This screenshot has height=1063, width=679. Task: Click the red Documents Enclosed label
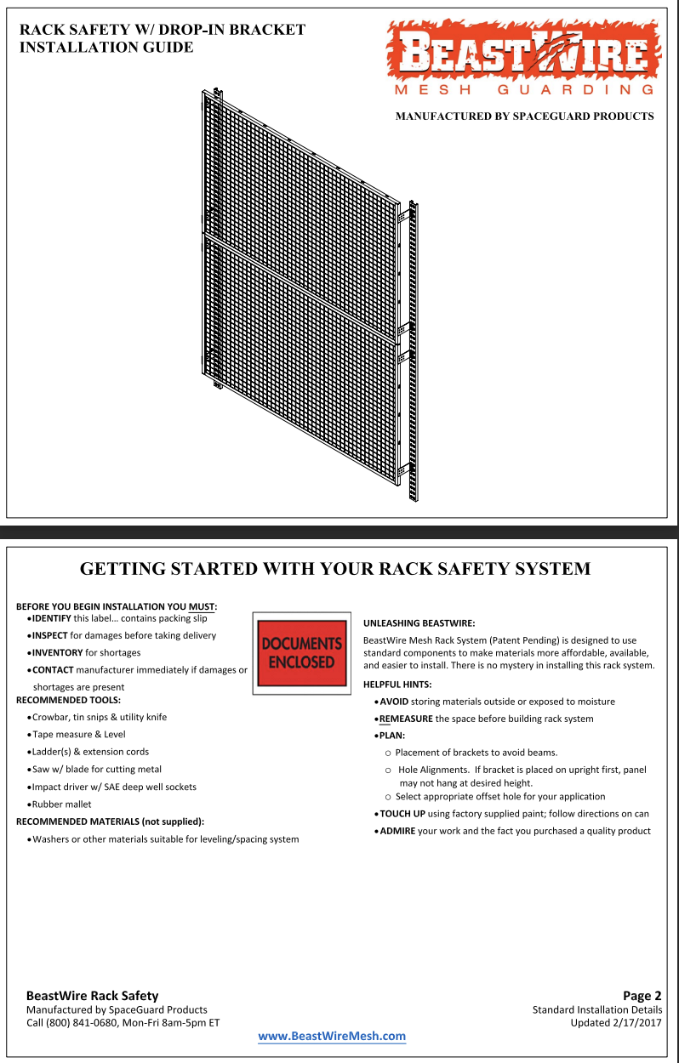tap(301, 652)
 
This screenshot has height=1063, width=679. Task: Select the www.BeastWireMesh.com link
tap(332, 1036)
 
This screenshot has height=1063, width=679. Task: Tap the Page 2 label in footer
tap(642, 996)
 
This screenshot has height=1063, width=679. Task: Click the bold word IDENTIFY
tap(51, 618)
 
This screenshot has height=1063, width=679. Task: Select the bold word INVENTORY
tap(57, 653)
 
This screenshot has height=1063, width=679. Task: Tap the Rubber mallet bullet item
tap(61, 804)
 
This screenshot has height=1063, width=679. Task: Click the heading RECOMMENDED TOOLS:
tap(68, 700)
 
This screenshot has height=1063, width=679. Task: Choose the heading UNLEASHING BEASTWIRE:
tap(419, 623)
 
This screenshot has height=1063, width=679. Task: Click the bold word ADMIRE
tap(397, 831)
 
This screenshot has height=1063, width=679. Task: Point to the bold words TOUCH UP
tap(402, 814)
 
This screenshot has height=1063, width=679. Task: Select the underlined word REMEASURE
tap(406, 719)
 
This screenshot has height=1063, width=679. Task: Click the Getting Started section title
tap(334, 569)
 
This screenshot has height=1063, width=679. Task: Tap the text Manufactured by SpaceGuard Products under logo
tap(524, 116)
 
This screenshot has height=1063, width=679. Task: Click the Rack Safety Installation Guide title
tap(162, 38)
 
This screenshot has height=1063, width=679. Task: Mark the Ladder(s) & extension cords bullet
tap(90, 752)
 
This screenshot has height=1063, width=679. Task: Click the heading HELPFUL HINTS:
tap(397, 685)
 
